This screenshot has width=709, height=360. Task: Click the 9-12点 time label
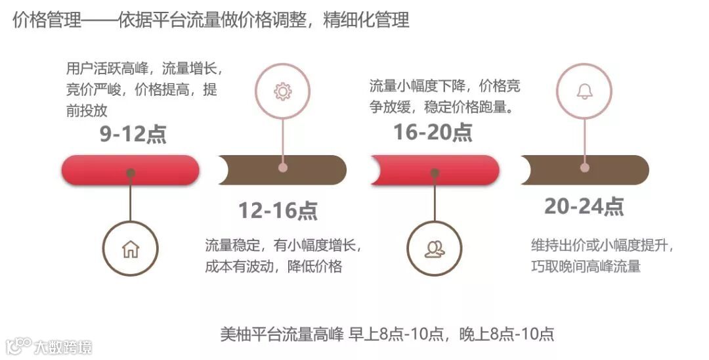(133, 134)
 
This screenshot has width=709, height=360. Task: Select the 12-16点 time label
(278, 210)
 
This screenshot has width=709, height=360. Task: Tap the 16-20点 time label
(433, 132)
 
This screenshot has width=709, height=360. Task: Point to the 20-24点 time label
(584, 206)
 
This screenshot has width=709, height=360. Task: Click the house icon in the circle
(131, 249)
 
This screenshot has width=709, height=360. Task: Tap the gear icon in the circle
(283, 91)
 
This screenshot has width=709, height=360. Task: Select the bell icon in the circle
(584, 91)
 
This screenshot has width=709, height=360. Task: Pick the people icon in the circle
(434, 249)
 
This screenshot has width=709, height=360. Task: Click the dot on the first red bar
(131, 173)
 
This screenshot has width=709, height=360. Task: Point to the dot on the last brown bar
(585, 168)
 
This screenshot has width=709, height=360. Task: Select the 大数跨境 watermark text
(63, 346)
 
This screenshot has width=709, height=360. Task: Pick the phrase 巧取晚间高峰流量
(586, 266)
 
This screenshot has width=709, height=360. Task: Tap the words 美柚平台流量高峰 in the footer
(282, 334)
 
